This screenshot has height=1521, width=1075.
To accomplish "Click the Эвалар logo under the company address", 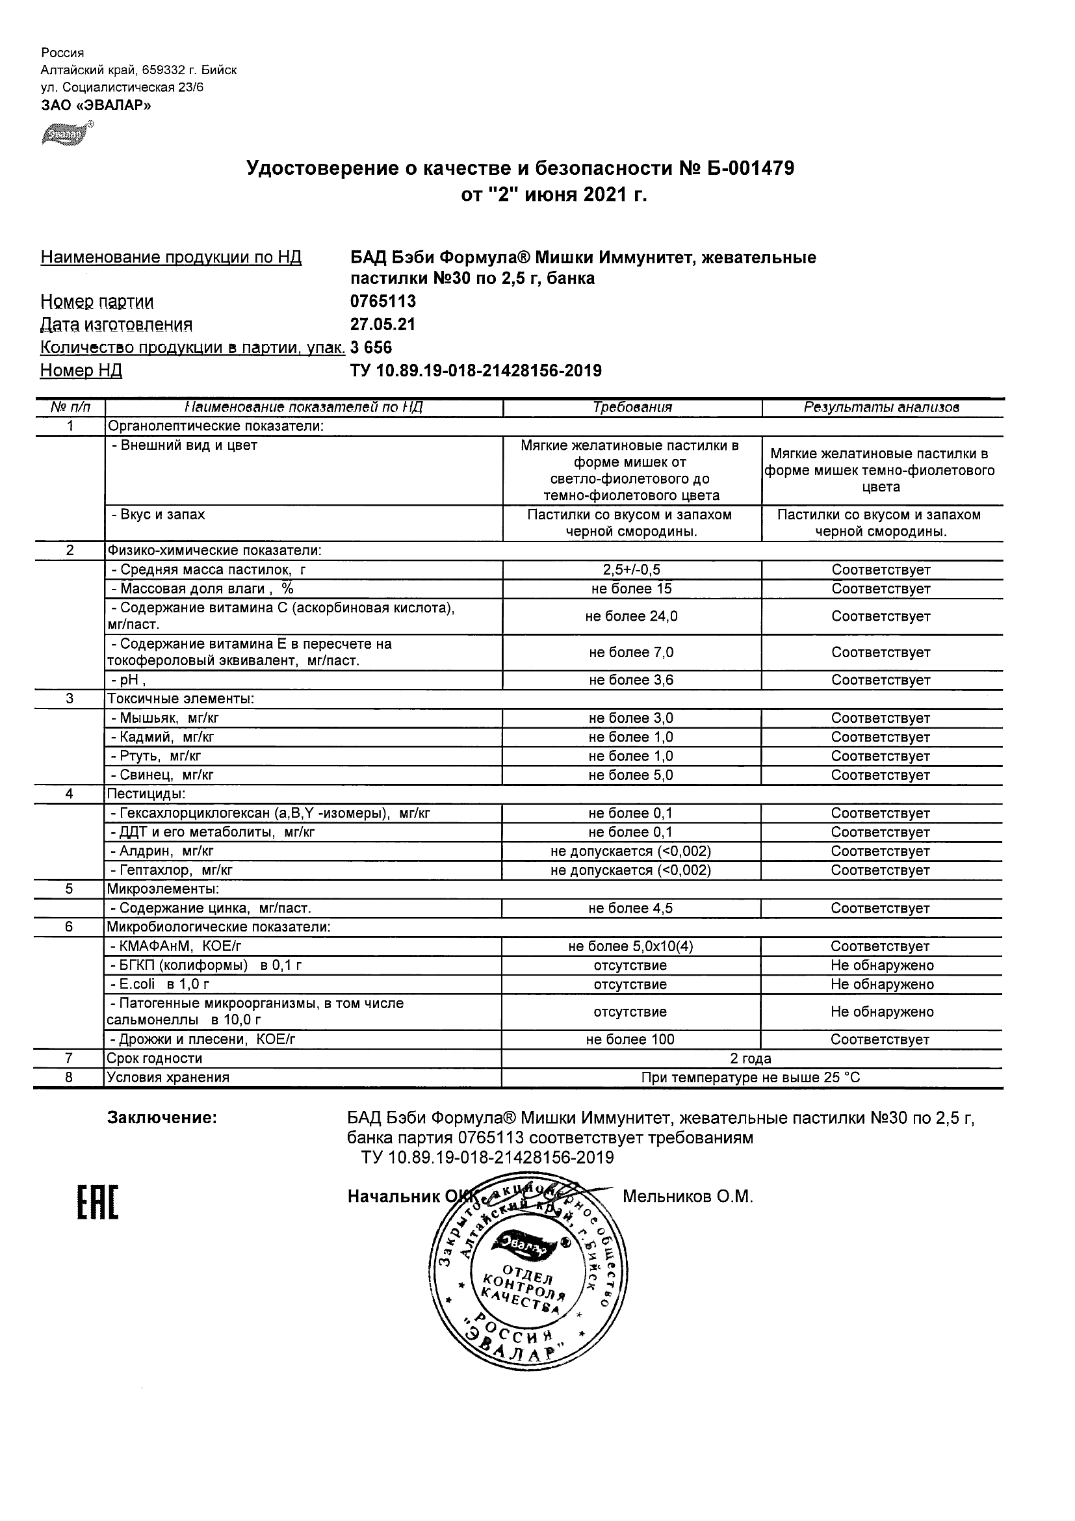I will pos(66,134).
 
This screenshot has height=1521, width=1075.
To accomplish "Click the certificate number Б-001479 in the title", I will pos(749,169).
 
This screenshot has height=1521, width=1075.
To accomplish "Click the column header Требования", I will pos(632,408).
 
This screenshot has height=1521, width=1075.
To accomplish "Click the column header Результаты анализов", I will pos(881,408).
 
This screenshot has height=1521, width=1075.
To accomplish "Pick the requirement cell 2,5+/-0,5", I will pos(631,569).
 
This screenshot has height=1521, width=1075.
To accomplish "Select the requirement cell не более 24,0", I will pos(631,617).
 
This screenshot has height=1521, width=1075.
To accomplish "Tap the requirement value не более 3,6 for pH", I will pos(631,680).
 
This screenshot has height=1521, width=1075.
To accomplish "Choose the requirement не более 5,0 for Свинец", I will pos(630,775).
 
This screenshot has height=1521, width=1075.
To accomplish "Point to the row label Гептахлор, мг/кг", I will pos(171,870).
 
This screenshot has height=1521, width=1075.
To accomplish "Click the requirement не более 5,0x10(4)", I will pos(630,946).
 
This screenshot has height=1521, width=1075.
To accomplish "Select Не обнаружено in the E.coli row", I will pos(881,984).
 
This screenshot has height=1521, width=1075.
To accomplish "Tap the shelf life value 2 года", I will pos(751,1059).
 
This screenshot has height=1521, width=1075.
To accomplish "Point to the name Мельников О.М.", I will pos(688,1197).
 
